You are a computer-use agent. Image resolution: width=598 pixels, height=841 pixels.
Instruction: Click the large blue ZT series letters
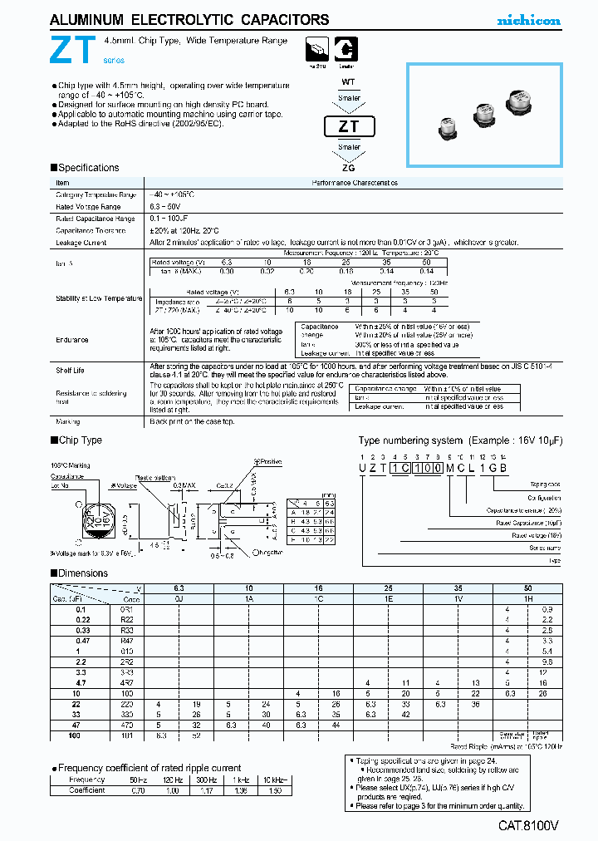pyautogui.click(x=68, y=52)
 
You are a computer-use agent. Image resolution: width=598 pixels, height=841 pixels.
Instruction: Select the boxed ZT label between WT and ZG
pyautogui.click(x=350, y=127)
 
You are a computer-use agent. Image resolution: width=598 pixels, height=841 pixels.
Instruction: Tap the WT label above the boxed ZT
pyautogui.click(x=350, y=82)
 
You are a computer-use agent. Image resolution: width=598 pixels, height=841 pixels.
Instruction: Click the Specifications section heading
pyautogui.click(x=88, y=168)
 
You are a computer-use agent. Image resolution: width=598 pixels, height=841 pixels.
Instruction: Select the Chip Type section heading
pyautogui.click(x=81, y=440)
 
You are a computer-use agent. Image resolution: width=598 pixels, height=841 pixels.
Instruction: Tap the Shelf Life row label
pyautogui.click(x=71, y=371)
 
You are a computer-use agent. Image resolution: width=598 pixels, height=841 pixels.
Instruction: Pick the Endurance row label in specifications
pyautogui.click(x=72, y=339)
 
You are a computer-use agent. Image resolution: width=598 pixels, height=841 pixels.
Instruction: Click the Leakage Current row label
pyautogui.click(x=81, y=243)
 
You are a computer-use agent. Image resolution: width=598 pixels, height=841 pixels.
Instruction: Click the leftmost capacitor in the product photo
pyautogui.click(x=448, y=128)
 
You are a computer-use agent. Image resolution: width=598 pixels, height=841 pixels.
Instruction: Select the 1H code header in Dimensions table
pyautogui.click(x=527, y=598)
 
